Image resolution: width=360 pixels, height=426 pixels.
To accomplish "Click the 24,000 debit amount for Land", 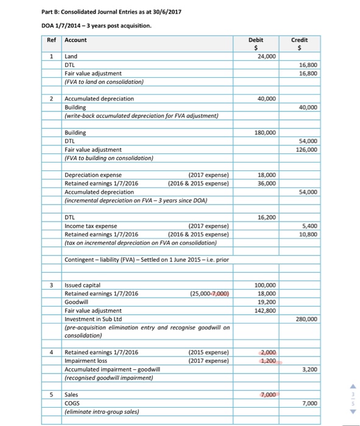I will click(x=266, y=55).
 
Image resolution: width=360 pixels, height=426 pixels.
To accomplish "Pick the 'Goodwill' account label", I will click(x=77, y=301).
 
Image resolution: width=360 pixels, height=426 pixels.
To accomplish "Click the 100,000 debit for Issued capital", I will click(x=265, y=284).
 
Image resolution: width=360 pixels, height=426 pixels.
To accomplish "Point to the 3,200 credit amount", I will click(x=309, y=369).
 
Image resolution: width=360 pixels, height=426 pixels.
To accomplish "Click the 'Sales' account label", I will click(x=72, y=394).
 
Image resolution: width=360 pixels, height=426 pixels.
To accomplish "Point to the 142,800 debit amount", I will click(x=265, y=310).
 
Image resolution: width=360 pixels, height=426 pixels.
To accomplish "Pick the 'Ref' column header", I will click(x=51, y=40).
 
